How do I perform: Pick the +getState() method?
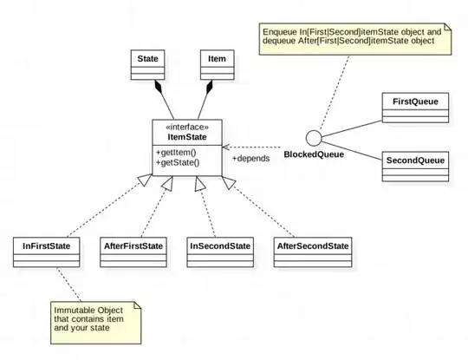[x=179, y=162]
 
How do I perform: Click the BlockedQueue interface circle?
[x=315, y=138]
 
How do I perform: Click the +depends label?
[x=250, y=160]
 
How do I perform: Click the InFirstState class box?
[x=48, y=254]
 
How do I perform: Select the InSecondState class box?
[x=219, y=254]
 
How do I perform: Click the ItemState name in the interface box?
[x=186, y=136]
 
